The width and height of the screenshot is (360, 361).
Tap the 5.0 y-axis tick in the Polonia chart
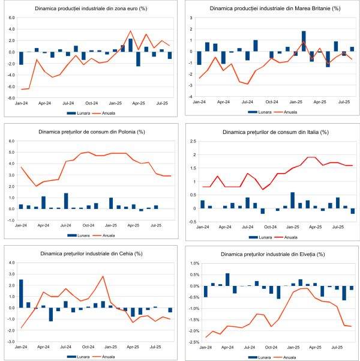[11, 153]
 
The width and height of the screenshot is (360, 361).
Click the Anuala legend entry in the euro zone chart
[106, 112]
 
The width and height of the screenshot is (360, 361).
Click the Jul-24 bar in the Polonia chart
[66, 201]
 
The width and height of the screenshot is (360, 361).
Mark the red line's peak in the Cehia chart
[103, 277]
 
